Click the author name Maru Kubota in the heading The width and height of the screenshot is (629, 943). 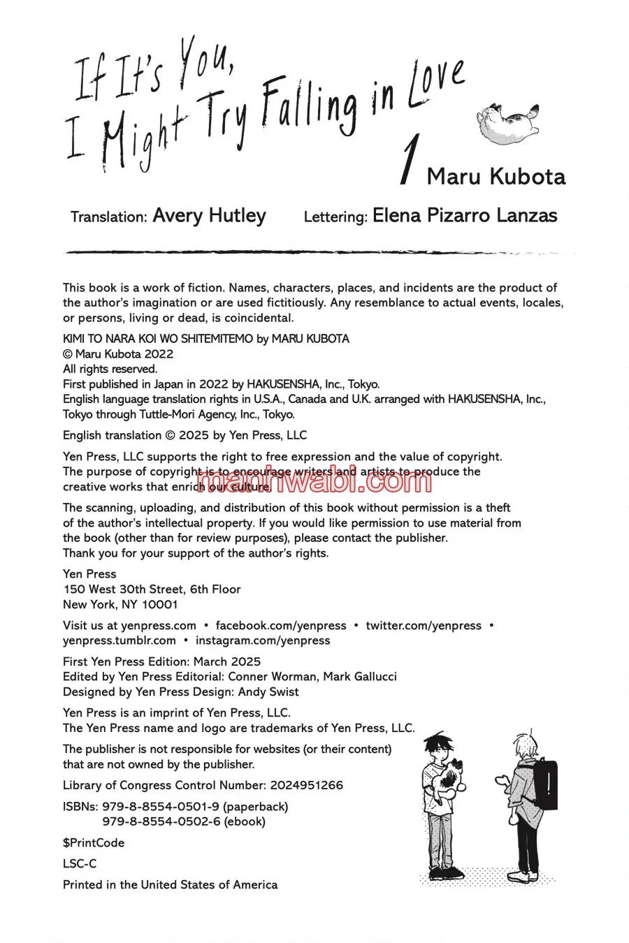pos(496,177)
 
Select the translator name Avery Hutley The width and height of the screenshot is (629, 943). pos(209,216)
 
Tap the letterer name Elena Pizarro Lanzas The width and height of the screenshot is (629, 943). pos(465,215)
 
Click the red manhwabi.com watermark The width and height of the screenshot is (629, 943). pos(314,481)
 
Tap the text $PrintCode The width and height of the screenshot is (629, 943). pos(94,842)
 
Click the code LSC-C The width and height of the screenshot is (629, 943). pos(80,863)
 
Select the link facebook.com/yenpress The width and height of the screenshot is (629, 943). pos(281,625)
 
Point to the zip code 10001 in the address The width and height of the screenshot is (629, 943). pos(160,604)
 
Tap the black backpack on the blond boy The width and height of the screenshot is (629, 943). pos(544,784)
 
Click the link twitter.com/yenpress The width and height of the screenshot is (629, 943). pos(424,625)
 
